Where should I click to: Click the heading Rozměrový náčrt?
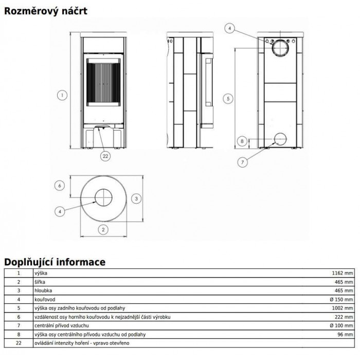pos(46,11)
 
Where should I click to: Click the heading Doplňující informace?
pos(55,262)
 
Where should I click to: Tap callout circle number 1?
pos(62,95)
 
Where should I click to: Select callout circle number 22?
pos(105,156)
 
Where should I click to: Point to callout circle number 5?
pos(228,99)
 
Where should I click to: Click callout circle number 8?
pos(242,141)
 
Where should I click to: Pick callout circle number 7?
pos(242,163)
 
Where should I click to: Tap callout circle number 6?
pos(60,186)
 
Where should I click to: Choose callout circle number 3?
pos(136,199)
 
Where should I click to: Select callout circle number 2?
pos(103,229)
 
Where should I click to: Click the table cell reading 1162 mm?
pos(343,273)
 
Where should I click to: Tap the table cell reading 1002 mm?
pos(343,308)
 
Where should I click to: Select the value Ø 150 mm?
pos(341,299)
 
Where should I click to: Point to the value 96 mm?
pos(345,334)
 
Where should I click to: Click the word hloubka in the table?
pos(43,291)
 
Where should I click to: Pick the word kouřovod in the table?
pos(45,299)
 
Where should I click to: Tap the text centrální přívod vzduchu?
pos(62,326)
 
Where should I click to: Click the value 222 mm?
pos(344,317)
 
